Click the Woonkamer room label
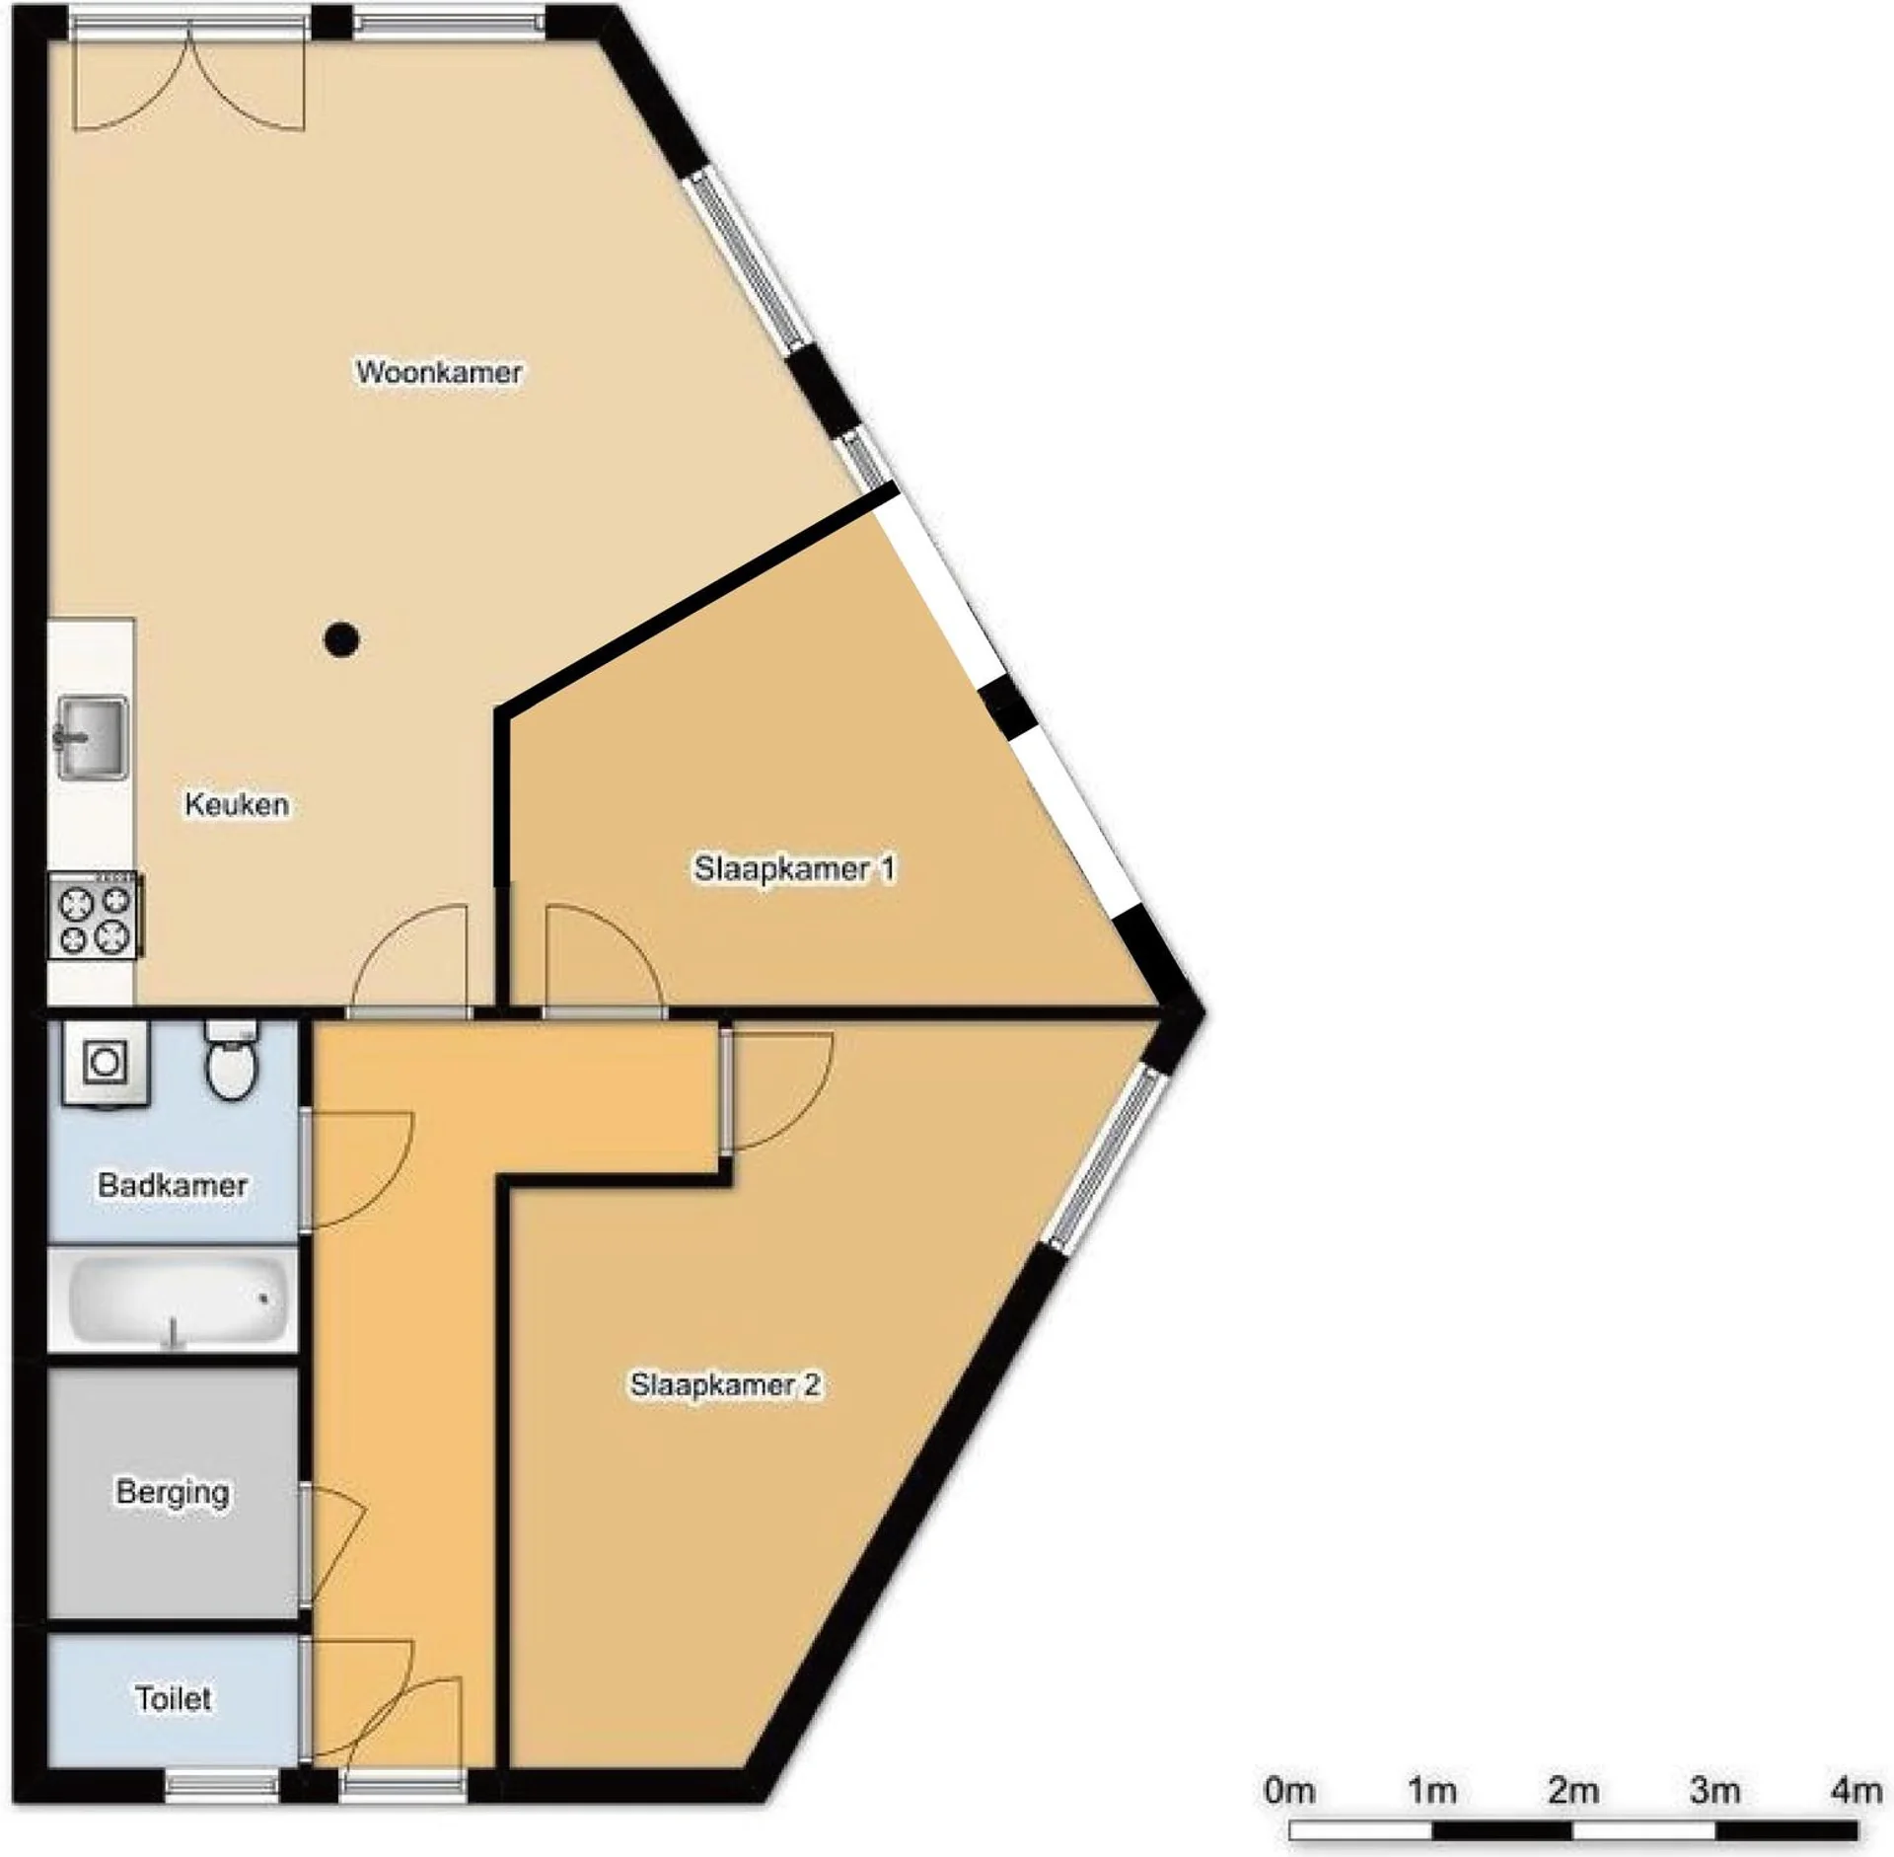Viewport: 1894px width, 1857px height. (x=439, y=372)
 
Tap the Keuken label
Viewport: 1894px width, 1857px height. (x=237, y=804)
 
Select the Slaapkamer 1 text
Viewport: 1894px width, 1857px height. (x=795, y=868)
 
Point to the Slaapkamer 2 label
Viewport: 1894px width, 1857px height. (x=726, y=1385)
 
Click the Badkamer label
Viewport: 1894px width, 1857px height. (x=173, y=1185)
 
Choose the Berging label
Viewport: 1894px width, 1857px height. (x=173, y=1492)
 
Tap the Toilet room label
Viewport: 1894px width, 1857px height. (x=174, y=1698)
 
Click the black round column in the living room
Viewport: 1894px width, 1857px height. (x=341, y=639)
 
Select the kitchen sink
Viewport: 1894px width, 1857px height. (x=92, y=737)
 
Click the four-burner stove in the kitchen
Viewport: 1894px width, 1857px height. (x=95, y=915)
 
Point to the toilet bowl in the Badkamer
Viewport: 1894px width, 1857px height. (x=232, y=1060)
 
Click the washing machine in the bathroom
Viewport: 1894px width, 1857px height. (x=106, y=1064)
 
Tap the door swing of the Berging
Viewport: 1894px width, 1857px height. (x=336, y=1544)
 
